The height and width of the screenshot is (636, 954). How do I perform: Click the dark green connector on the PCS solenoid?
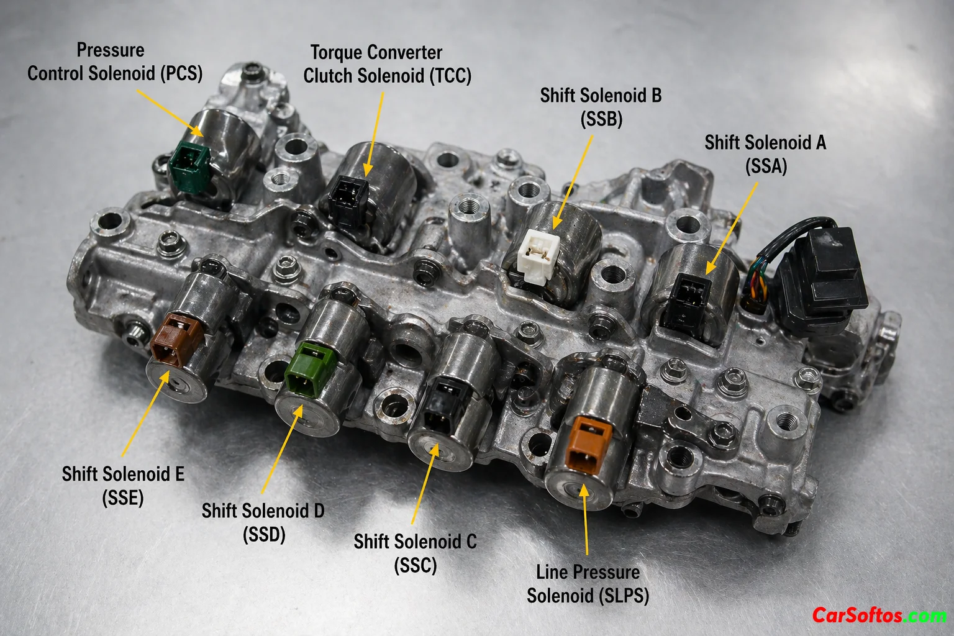pyautogui.click(x=189, y=166)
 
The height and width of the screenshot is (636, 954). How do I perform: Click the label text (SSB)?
pyautogui.click(x=601, y=119)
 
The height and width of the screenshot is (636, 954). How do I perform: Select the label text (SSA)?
pyautogui.click(x=766, y=166)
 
